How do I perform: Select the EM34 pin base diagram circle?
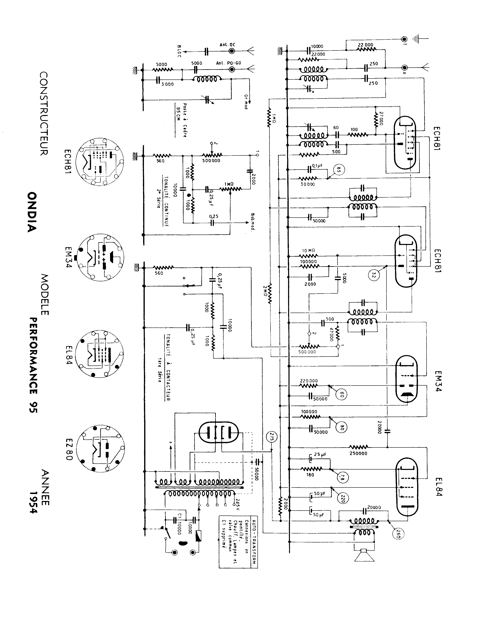(100, 257)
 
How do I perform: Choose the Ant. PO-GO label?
(228, 63)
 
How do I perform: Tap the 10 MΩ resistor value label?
(308, 250)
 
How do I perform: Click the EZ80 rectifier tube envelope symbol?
(218, 432)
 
